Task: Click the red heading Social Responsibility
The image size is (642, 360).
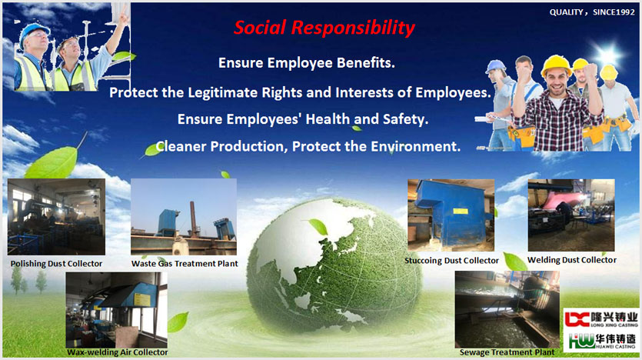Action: (324, 28)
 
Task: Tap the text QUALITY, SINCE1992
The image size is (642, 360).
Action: (592, 12)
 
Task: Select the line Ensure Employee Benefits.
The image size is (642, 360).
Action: (307, 63)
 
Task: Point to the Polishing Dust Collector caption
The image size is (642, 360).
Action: (56, 264)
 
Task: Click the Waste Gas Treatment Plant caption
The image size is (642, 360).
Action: (185, 264)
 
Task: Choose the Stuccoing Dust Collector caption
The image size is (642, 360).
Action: (451, 261)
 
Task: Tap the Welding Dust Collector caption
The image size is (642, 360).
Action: (572, 260)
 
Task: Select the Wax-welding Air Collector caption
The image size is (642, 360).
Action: (118, 352)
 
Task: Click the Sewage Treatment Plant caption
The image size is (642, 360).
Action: (507, 352)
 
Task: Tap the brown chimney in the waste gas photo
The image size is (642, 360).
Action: (193, 218)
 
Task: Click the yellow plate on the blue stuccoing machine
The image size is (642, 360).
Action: (461, 212)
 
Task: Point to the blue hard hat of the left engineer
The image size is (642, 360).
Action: (34, 31)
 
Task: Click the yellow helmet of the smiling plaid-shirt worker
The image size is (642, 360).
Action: (556, 65)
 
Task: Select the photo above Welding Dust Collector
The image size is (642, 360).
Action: (571, 215)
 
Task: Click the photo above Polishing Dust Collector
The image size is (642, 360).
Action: (56, 217)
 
